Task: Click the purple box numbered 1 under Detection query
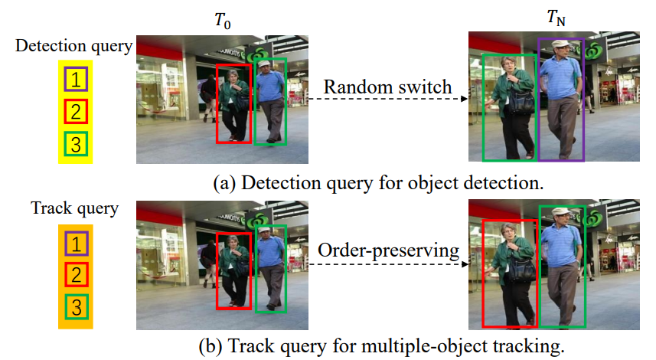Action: click(x=75, y=78)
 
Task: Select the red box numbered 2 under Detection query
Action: click(x=75, y=111)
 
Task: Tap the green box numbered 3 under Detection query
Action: click(x=75, y=143)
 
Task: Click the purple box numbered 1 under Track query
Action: click(x=75, y=244)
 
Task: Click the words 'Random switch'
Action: click(x=387, y=87)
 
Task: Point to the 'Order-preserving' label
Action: click(x=387, y=250)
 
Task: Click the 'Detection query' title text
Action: click(x=73, y=45)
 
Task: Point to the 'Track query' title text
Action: click(x=73, y=208)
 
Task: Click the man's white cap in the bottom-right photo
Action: click(x=562, y=211)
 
